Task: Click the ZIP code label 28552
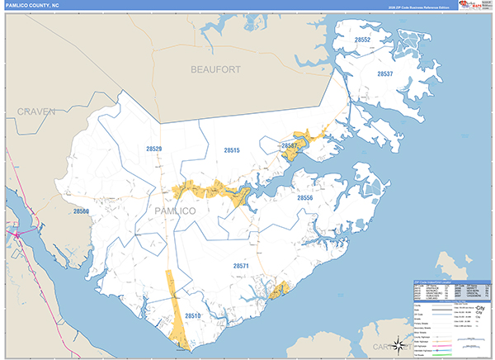[x=362, y=40]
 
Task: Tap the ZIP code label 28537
[x=385, y=74]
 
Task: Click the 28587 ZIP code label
[x=289, y=145]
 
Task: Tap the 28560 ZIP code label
[x=81, y=211]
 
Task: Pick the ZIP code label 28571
[x=241, y=267]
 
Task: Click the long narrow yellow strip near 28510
[x=173, y=306]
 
